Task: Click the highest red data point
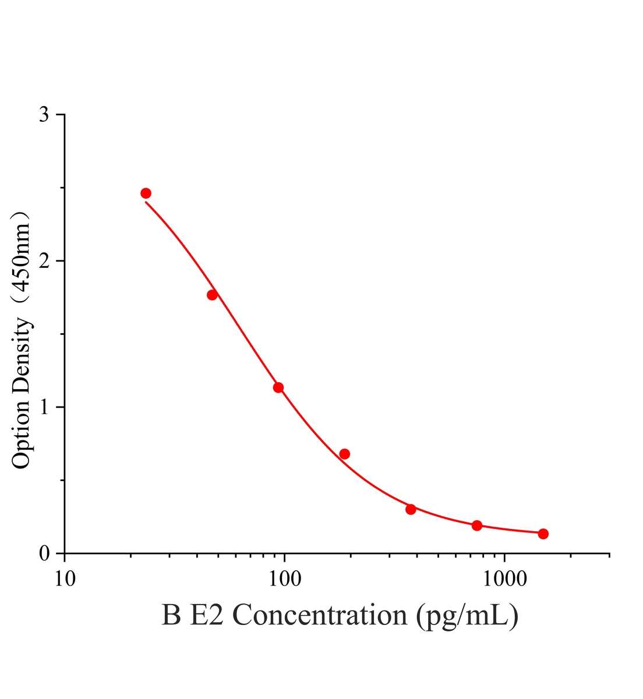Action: (146, 193)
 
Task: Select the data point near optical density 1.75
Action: (212, 295)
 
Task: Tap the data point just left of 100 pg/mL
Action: (278, 387)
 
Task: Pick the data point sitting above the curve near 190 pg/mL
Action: (344, 454)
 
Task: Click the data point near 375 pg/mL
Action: (411, 510)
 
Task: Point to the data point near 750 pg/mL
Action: (477, 525)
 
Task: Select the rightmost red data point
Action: (543, 534)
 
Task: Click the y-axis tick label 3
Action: (44, 115)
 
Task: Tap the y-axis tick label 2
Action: (44, 261)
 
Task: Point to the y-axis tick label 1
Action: (44, 407)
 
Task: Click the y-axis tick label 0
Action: (44, 553)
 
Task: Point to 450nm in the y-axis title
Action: (21, 258)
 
